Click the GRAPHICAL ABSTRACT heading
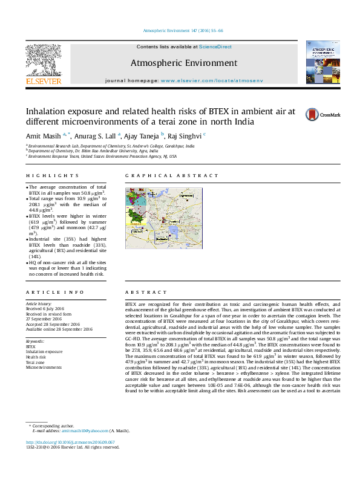pyautogui.click(x=172, y=176)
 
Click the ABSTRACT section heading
pyautogui.click(x=143, y=292)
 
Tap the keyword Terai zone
pyautogui.click(x=34, y=362)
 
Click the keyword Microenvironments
pyautogui.click(x=44, y=367)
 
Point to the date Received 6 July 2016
pyautogui.click(x=44, y=308)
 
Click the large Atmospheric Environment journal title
pyautogui.click(x=183, y=63)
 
